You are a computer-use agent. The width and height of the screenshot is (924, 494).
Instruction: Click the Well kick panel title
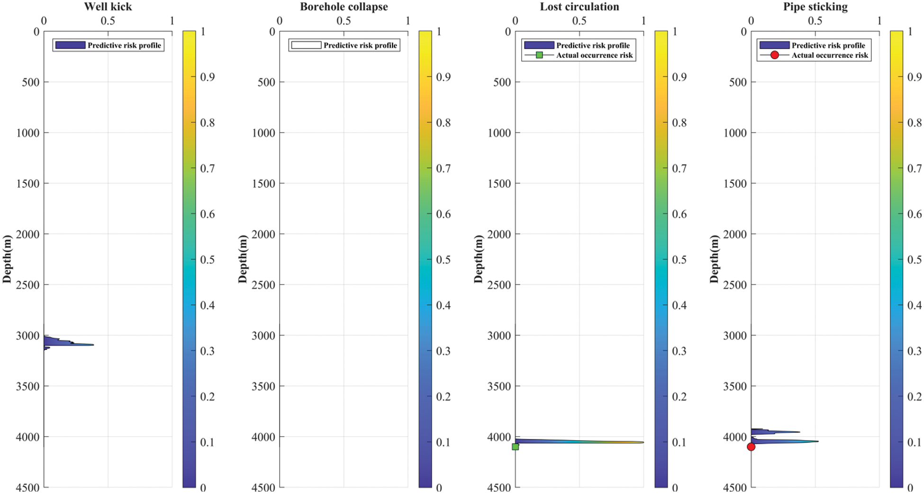[x=108, y=7]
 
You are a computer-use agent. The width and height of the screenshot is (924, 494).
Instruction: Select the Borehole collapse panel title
[x=344, y=7]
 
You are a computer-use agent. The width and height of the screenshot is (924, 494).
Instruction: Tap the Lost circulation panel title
[x=579, y=7]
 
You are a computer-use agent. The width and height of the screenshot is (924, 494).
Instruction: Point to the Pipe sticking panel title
[x=815, y=7]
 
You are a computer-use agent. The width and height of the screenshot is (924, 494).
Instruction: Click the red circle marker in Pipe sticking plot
[x=751, y=447]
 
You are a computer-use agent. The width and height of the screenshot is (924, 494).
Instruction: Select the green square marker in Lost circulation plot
[x=516, y=447]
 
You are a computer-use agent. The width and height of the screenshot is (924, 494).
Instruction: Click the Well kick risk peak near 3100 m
[x=92, y=345]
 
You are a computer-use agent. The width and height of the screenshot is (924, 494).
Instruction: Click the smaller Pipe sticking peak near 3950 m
[x=798, y=432]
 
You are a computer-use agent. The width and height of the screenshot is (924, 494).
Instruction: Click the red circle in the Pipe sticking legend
[x=774, y=55]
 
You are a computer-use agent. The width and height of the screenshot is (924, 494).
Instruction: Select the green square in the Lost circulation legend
[x=539, y=55]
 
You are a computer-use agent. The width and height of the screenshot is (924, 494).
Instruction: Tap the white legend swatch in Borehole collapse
[x=306, y=45]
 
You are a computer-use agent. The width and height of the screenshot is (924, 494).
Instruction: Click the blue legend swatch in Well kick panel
[x=70, y=45]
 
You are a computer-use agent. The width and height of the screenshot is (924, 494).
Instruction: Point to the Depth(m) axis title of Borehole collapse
[x=243, y=259]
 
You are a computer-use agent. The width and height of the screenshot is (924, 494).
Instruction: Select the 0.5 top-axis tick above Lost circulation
[x=579, y=21]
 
